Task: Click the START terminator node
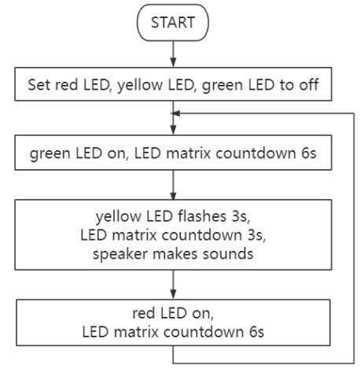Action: click(173, 23)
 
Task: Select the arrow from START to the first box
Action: click(173, 54)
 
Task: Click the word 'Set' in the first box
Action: click(39, 85)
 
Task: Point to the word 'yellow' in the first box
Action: click(140, 85)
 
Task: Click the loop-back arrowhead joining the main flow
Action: click(175, 113)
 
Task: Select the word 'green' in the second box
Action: click(50, 153)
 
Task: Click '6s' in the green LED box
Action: click(309, 153)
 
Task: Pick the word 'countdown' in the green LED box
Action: click(255, 153)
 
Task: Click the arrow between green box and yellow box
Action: click(173, 185)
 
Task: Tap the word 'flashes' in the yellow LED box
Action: click(202, 216)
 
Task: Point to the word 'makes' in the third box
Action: click(174, 254)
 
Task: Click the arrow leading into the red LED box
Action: click(173, 285)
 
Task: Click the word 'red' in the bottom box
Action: click(143, 313)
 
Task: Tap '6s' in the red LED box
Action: click(256, 332)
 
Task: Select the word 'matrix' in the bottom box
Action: click(137, 332)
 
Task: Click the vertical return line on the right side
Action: click(354, 238)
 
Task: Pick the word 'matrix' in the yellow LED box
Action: click(134, 235)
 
